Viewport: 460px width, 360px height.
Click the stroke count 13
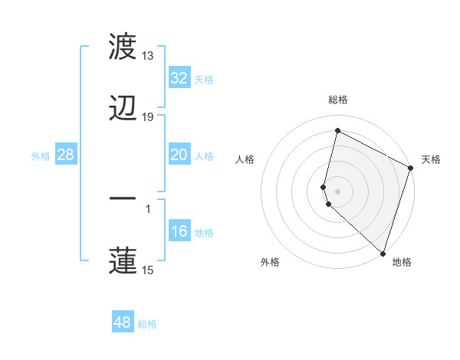[x=148, y=56]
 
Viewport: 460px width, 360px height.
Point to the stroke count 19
[x=148, y=117]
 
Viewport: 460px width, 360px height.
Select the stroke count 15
[x=148, y=270]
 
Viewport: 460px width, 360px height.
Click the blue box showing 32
[x=179, y=78]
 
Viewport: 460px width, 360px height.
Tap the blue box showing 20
[x=179, y=155]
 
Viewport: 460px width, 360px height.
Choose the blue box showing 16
[x=179, y=231]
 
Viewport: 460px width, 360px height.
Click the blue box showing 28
[x=65, y=155]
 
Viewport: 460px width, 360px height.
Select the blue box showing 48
[x=122, y=322]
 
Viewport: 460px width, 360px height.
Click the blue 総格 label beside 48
[x=147, y=324]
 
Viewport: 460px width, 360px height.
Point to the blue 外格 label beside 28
[x=41, y=155]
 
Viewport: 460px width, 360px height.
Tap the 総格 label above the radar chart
[x=338, y=100]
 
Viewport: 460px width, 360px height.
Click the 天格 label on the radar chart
[x=431, y=159]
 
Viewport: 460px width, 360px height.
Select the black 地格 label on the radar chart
[x=402, y=262]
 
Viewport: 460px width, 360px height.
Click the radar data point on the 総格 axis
[x=337, y=131]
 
